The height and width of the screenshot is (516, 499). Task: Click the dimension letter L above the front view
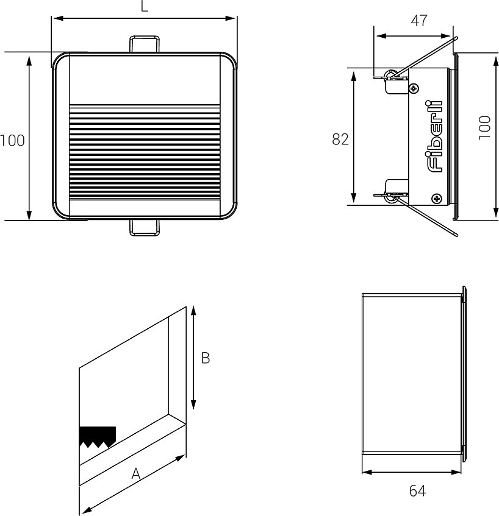point(145,6)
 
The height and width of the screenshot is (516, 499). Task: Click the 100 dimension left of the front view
point(13,141)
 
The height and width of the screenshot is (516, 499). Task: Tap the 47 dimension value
point(419,21)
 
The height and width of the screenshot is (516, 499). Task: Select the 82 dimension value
point(340,139)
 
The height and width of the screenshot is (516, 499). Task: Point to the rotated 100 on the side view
point(484,127)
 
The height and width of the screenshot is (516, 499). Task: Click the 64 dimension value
point(417,491)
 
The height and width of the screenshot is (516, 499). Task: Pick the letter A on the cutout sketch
point(136,474)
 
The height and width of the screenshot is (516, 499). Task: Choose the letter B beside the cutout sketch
point(206,358)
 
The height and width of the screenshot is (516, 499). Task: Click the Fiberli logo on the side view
point(435,136)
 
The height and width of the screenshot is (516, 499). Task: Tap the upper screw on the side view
point(414,88)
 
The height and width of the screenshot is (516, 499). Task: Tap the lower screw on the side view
point(437,198)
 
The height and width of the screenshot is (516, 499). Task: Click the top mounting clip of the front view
point(145,44)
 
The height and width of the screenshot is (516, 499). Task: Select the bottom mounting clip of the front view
point(145,228)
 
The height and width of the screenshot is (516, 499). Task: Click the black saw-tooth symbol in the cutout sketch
point(98,437)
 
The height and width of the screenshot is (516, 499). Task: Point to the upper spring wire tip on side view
point(456,38)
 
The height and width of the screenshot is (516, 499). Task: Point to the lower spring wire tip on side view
point(456,235)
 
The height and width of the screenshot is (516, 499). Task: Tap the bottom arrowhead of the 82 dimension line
point(354,198)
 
